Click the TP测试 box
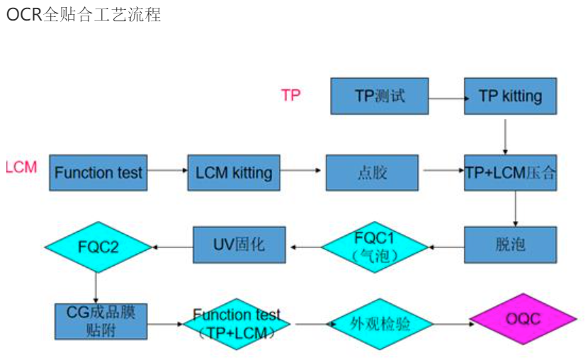(x=379, y=96)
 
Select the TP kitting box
(x=510, y=96)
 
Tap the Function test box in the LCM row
(x=98, y=172)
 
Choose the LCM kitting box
(x=234, y=172)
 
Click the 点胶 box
(x=371, y=172)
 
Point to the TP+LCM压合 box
(x=510, y=172)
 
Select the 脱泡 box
(x=510, y=245)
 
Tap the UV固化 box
(x=239, y=245)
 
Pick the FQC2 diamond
(x=98, y=247)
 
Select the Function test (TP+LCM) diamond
(x=237, y=323)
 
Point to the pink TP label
(x=290, y=95)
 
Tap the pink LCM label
(x=21, y=168)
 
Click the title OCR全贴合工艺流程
(x=84, y=15)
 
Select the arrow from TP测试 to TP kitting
(x=446, y=98)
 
